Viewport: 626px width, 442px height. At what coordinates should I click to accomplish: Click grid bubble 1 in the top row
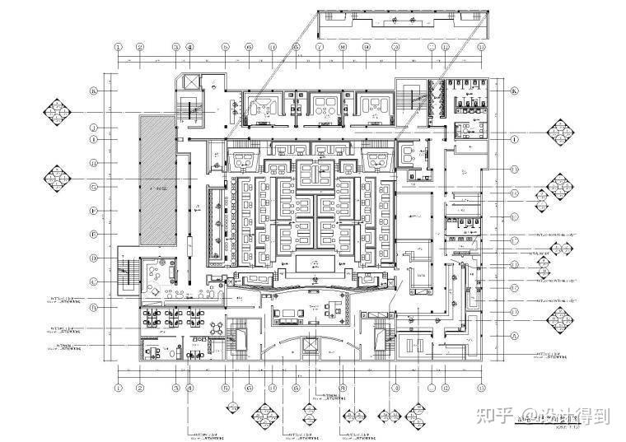(119, 47)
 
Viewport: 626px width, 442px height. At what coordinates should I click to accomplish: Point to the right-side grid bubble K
(515, 91)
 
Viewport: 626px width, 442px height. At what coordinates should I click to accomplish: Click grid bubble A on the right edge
(515, 336)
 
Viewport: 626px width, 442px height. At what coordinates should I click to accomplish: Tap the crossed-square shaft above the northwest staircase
(189, 83)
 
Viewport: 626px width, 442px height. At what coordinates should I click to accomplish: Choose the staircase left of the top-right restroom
(409, 100)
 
